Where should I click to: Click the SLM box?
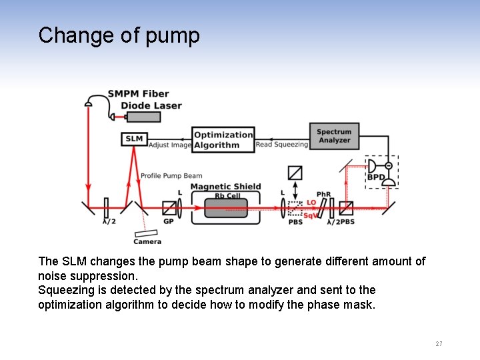click(134, 139)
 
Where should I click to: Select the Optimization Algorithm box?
click(223, 139)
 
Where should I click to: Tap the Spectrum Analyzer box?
click(334, 136)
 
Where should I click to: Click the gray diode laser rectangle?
click(143, 117)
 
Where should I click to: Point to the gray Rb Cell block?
click(225, 208)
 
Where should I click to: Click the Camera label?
click(147, 241)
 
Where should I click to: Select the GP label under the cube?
click(169, 221)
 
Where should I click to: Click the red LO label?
click(311, 202)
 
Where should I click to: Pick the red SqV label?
click(311, 215)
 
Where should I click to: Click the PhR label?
click(323, 195)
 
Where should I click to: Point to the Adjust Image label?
click(169, 145)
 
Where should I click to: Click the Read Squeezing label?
click(282, 144)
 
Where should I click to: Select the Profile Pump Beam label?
click(171, 176)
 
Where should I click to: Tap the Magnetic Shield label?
click(225, 187)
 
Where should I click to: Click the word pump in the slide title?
click(176, 35)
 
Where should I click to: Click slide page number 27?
click(439, 344)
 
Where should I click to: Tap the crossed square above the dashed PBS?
click(295, 173)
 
